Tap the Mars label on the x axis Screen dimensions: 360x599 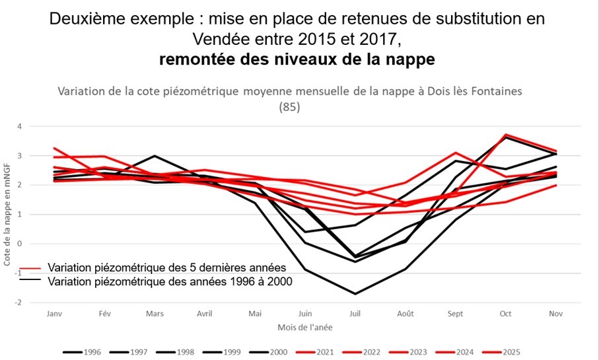pos(155,314)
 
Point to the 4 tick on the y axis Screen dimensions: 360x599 pos(20,126)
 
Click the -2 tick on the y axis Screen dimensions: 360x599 pos(20,303)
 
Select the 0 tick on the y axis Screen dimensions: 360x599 pos(20,244)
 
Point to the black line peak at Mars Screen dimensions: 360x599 pos(155,156)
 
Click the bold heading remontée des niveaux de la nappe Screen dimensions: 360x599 pos(297,59)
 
